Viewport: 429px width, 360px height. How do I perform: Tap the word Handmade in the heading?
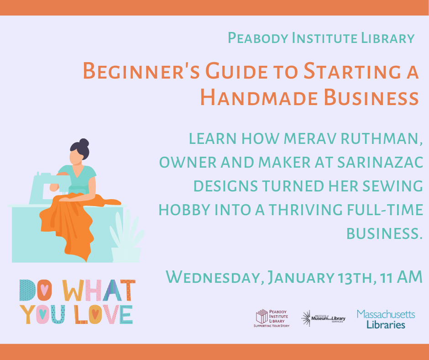[x=259, y=98]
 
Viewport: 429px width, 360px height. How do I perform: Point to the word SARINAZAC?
[x=380, y=162]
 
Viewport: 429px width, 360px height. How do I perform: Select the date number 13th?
[x=355, y=277]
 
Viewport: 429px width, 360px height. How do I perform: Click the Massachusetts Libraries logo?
[x=386, y=319]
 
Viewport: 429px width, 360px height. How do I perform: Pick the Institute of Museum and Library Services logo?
[x=323, y=318]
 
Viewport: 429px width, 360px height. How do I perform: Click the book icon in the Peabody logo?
[x=262, y=316]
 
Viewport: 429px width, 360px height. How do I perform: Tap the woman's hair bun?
[x=84, y=143]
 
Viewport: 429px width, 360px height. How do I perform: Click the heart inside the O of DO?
[x=44, y=289]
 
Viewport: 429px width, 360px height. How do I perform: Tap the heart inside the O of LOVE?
[x=95, y=314]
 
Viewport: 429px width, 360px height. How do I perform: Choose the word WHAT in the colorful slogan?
[x=99, y=290]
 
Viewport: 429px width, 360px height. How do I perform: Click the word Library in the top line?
[x=387, y=38]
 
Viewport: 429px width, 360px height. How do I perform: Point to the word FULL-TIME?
[x=385, y=210]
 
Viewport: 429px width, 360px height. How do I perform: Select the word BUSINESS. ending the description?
[x=385, y=234]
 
